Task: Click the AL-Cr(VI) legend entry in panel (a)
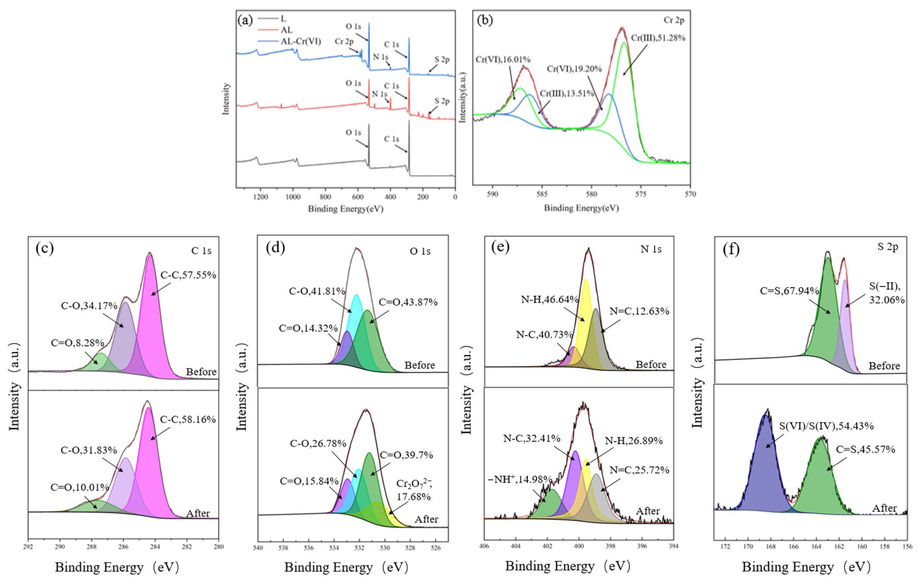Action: click(x=301, y=42)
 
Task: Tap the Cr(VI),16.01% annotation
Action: click(x=503, y=60)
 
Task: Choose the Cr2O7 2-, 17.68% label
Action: click(x=414, y=490)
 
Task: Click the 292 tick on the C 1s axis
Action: click(x=28, y=547)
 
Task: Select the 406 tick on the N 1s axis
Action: click(x=484, y=546)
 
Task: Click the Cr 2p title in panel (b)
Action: click(x=673, y=20)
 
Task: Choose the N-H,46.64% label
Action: click(x=549, y=299)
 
